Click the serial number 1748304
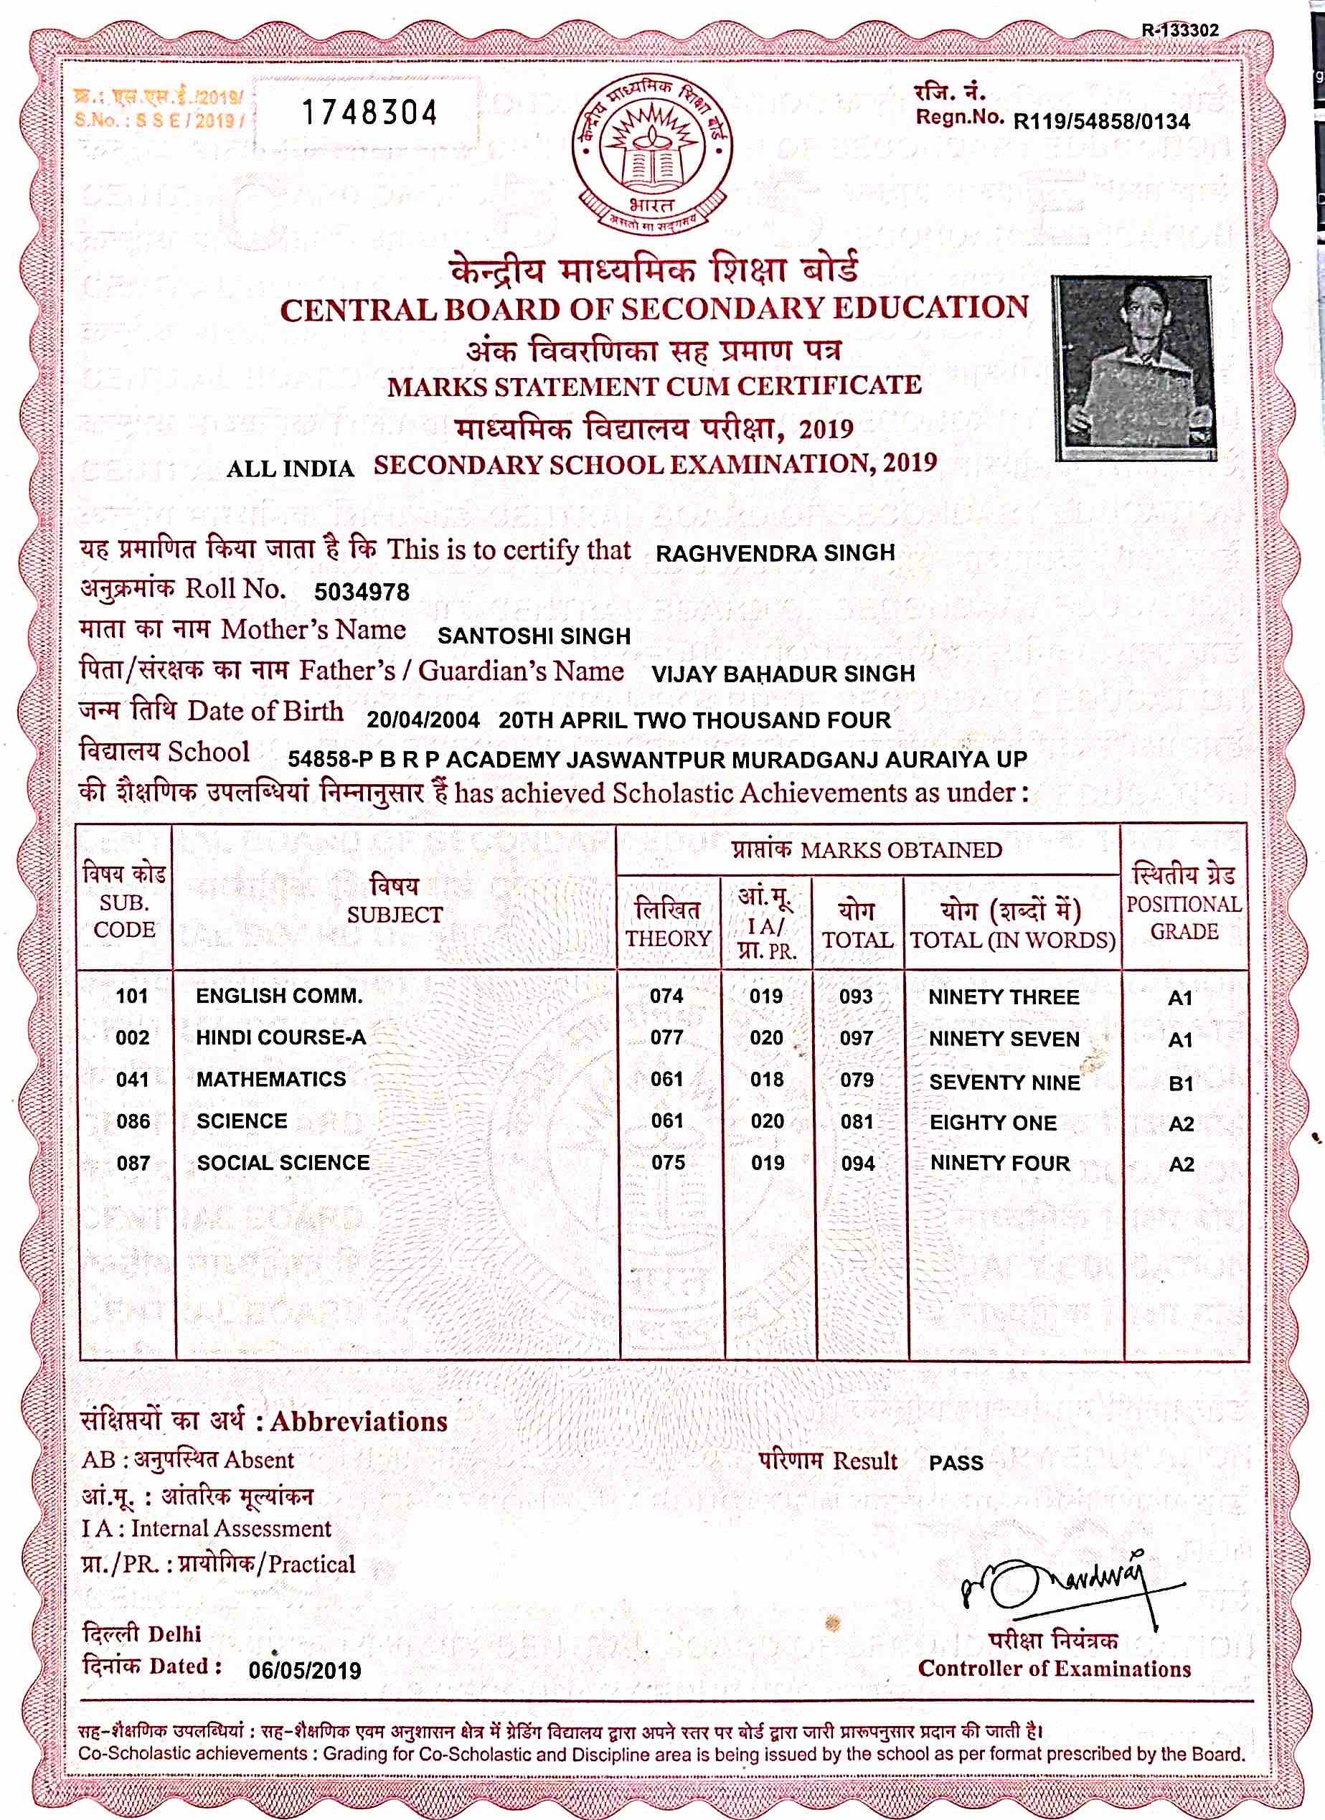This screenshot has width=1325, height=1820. [x=369, y=113]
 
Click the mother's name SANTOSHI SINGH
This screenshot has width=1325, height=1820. [x=534, y=636]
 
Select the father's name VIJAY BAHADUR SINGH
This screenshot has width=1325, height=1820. [x=783, y=674]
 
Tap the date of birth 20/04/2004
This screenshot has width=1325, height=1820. [x=423, y=720]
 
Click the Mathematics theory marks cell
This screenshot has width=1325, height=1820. [x=667, y=1080]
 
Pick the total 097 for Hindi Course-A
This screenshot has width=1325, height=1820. [x=857, y=1038]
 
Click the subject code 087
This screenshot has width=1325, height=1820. [x=133, y=1163]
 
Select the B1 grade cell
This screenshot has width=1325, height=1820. [x=1181, y=1083]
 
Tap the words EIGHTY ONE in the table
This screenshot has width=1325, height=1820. [x=993, y=1123]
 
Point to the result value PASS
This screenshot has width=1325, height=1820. [x=956, y=1463]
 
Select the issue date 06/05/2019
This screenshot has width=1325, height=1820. [x=305, y=1670]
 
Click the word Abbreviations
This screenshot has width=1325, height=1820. [x=359, y=1421]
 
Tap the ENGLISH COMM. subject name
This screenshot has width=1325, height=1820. [x=279, y=996]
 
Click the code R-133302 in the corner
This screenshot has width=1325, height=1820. [x=1181, y=31]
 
